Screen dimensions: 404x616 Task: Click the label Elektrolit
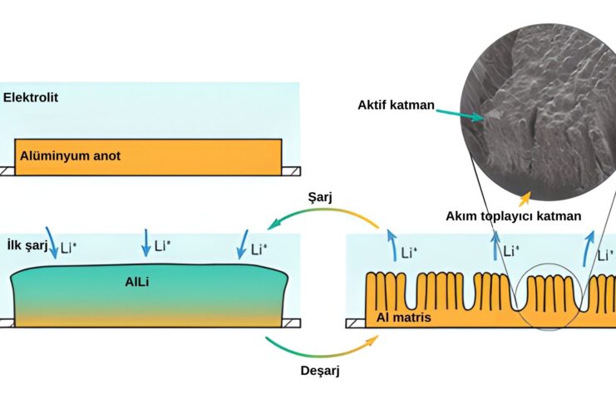(x=31, y=97)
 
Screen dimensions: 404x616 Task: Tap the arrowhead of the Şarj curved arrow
(x=271, y=225)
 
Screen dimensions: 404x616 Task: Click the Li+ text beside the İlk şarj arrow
(x=68, y=248)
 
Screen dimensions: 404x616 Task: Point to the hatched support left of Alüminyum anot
(x=7, y=170)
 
